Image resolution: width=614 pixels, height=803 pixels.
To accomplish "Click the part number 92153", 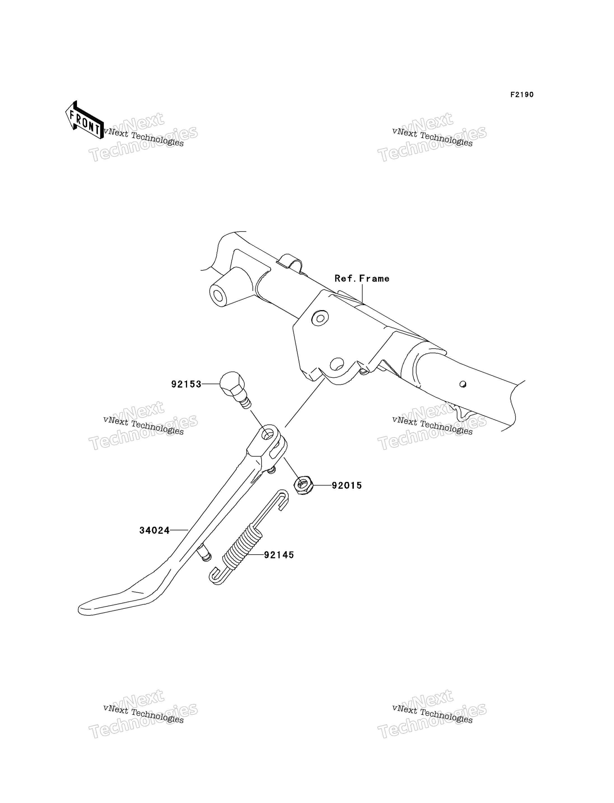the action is click(x=186, y=384).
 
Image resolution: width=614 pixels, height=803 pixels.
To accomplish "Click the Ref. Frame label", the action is click(x=362, y=278).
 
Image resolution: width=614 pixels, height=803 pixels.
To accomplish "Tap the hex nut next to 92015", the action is click(x=303, y=485).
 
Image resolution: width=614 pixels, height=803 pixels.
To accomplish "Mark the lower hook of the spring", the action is click(x=216, y=577).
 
